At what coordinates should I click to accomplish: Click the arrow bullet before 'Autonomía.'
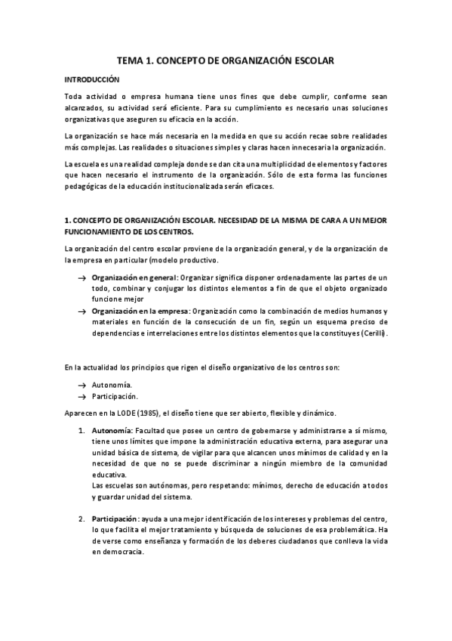[x=81, y=385]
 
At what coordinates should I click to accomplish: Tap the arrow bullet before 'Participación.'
[x=81, y=396]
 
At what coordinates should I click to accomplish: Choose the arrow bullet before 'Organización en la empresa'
[x=81, y=311]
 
